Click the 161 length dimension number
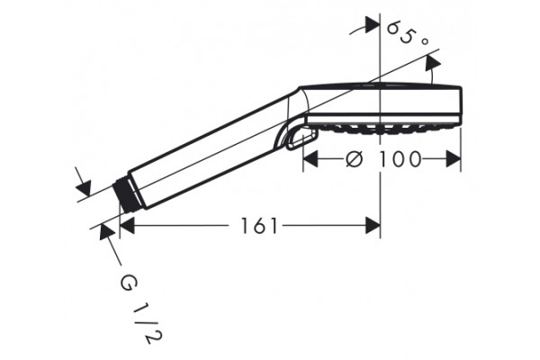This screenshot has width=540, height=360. tap(258, 226)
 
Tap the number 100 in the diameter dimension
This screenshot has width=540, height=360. tap(400, 159)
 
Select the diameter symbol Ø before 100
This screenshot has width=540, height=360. tap(354, 159)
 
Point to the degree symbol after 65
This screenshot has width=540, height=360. tap(425, 41)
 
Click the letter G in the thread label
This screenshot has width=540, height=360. tap(129, 283)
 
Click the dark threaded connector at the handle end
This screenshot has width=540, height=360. tap(127, 194)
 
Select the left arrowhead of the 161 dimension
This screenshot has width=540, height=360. tap(126, 226)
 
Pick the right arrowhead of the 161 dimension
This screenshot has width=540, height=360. tap(373, 226)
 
